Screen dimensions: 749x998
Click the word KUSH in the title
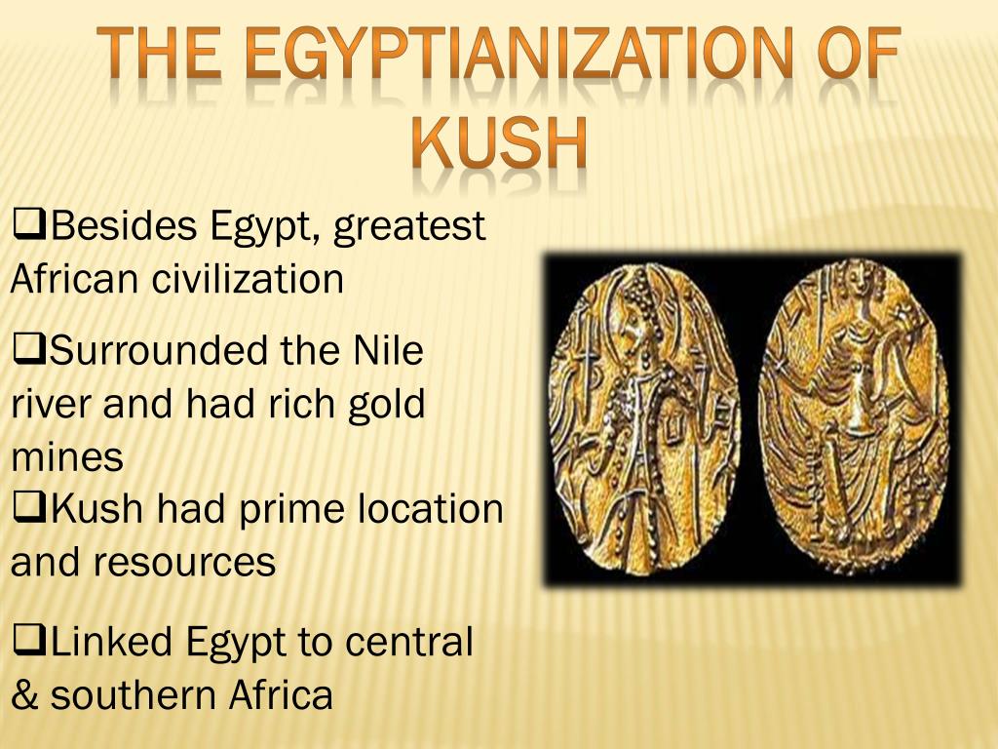(x=499, y=143)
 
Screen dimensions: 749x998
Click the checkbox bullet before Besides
(x=30, y=227)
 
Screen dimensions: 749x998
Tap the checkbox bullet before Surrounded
(x=30, y=349)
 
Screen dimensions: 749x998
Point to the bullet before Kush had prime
(x=30, y=507)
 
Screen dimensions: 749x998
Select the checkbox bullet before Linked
(x=30, y=641)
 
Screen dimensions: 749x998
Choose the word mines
(x=68, y=457)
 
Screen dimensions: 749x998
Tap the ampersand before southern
(x=23, y=696)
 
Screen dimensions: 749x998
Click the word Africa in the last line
(x=282, y=696)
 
